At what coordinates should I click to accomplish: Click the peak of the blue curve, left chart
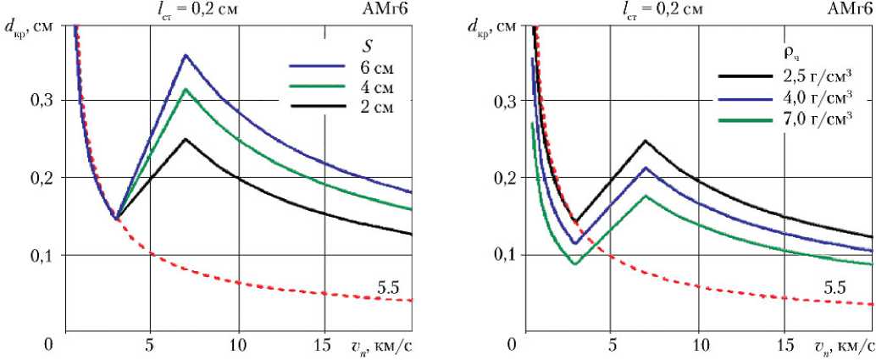click(185, 55)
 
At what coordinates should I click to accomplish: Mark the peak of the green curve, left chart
click(185, 89)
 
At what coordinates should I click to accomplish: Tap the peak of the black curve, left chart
click(185, 139)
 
